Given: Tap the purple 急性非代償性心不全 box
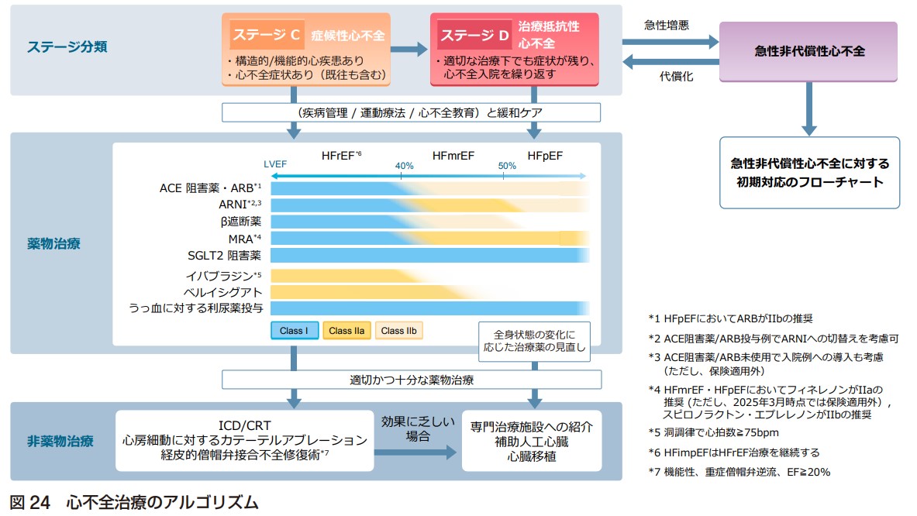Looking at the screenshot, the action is (808, 51).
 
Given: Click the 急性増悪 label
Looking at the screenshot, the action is (666, 25).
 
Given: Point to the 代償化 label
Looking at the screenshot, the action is (676, 77).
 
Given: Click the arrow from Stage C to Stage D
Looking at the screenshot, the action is (409, 49).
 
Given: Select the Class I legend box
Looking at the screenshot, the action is (294, 331).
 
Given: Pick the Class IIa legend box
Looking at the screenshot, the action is (346, 331).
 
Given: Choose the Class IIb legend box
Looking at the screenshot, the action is (399, 331).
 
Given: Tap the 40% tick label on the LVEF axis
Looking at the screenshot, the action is (404, 166).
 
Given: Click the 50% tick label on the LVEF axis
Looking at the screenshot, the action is (507, 166).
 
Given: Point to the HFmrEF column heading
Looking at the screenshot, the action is (453, 156).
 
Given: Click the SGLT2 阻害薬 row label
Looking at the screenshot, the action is (225, 256).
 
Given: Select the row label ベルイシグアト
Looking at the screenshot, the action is (222, 292).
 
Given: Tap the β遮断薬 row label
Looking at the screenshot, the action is (241, 222).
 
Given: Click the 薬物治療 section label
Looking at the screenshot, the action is (53, 244).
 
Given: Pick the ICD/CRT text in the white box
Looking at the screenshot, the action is (244, 425).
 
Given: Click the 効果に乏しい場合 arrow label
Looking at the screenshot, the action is (418, 428).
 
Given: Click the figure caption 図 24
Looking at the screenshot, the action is (29, 503).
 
